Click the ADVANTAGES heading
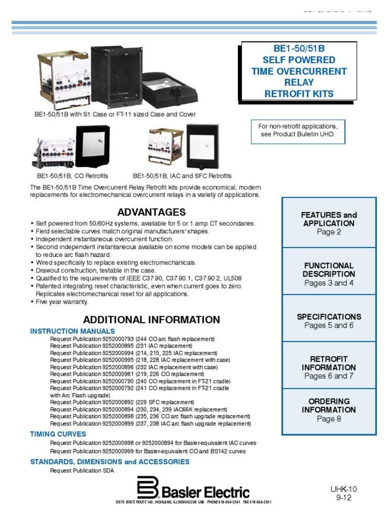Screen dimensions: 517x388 pos(152,212)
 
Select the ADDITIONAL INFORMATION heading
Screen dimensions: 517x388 pos(152,320)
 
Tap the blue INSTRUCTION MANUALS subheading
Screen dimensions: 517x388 pos(73,331)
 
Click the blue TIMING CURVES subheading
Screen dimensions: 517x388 pos(58,434)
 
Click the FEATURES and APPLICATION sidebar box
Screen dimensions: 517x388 pos(328,223)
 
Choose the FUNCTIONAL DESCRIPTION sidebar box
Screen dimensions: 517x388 pos(328,274)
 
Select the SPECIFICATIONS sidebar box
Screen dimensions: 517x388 pos(328,321)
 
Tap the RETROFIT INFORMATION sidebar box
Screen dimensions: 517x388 pos(328,367)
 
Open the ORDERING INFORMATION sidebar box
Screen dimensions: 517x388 pos(328,410)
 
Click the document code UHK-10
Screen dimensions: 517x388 pos(344,489)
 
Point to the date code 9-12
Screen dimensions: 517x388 pos(344,497)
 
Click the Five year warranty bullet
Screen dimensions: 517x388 pos(62,302)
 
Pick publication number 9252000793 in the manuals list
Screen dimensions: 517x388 pos(118,339)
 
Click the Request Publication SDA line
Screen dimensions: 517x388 pos(82,471)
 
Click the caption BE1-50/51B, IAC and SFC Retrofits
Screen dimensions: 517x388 pos(182,176)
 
